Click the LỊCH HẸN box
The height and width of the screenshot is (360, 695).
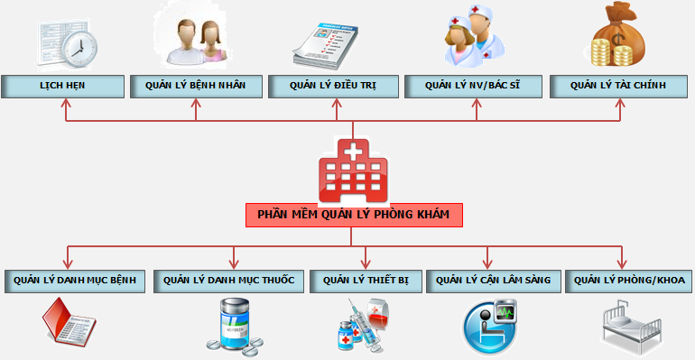(x=63, y=87)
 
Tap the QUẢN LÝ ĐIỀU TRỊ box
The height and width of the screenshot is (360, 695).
(x=333, y=87)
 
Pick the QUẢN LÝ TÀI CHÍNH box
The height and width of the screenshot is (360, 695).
(x=618, y=87)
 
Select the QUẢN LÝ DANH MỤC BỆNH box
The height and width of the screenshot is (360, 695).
(x=74, y=281)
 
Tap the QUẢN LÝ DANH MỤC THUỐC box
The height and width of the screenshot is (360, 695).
(x=229, y=281)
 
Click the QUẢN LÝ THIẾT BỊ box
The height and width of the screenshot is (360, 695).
(x=365, y=281)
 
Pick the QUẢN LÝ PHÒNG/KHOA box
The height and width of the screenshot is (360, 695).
(x=629, y=281)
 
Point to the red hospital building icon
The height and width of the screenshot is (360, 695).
(x=353, y=171)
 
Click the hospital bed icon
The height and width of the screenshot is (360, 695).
(x=632, y=325)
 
